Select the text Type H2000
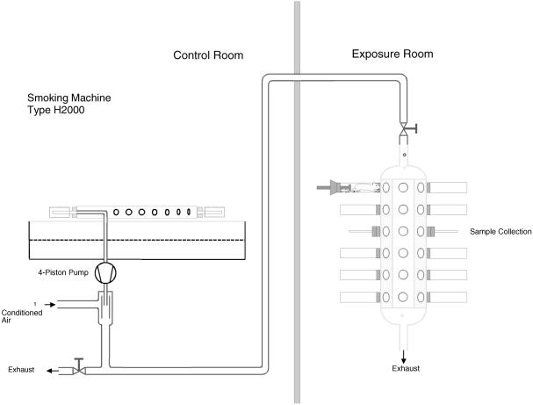click(x=57, y=112)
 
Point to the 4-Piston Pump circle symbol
click(x=105, y=273)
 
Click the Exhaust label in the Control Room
click(x=22, y=370)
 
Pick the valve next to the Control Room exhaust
click(x=79, y=368)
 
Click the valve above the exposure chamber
click(x=405, y=129)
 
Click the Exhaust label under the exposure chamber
click(x=405, y=368)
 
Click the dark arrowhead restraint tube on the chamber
click(x=335, y=186)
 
